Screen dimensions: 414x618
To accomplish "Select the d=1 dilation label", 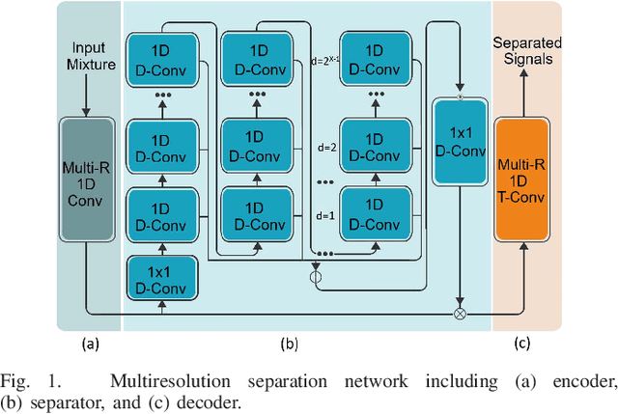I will point(327,216).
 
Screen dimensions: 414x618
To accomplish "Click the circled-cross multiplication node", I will point(460,314).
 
